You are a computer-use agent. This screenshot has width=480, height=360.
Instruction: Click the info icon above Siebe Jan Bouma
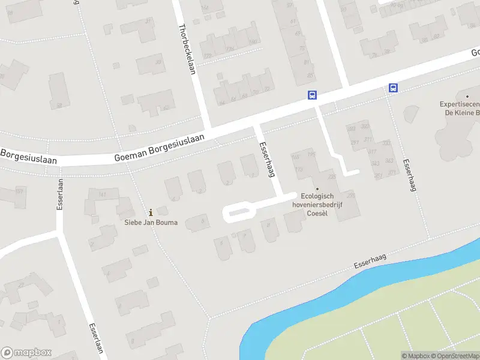tap(151, 212)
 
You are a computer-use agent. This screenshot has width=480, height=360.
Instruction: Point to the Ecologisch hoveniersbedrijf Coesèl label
tap(316, 204)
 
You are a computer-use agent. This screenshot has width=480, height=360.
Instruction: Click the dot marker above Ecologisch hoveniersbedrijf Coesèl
tap(317, 189)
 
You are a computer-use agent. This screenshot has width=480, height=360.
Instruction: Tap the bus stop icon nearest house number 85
tap(312, 95)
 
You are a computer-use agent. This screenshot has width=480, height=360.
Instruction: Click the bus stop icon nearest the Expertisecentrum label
tap(394, 88)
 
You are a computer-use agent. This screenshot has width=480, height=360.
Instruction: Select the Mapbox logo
tap(26, 353)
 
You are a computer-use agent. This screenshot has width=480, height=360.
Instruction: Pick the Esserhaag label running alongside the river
tap(370, 259)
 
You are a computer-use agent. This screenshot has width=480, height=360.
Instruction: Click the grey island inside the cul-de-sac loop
tap(238, 211)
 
